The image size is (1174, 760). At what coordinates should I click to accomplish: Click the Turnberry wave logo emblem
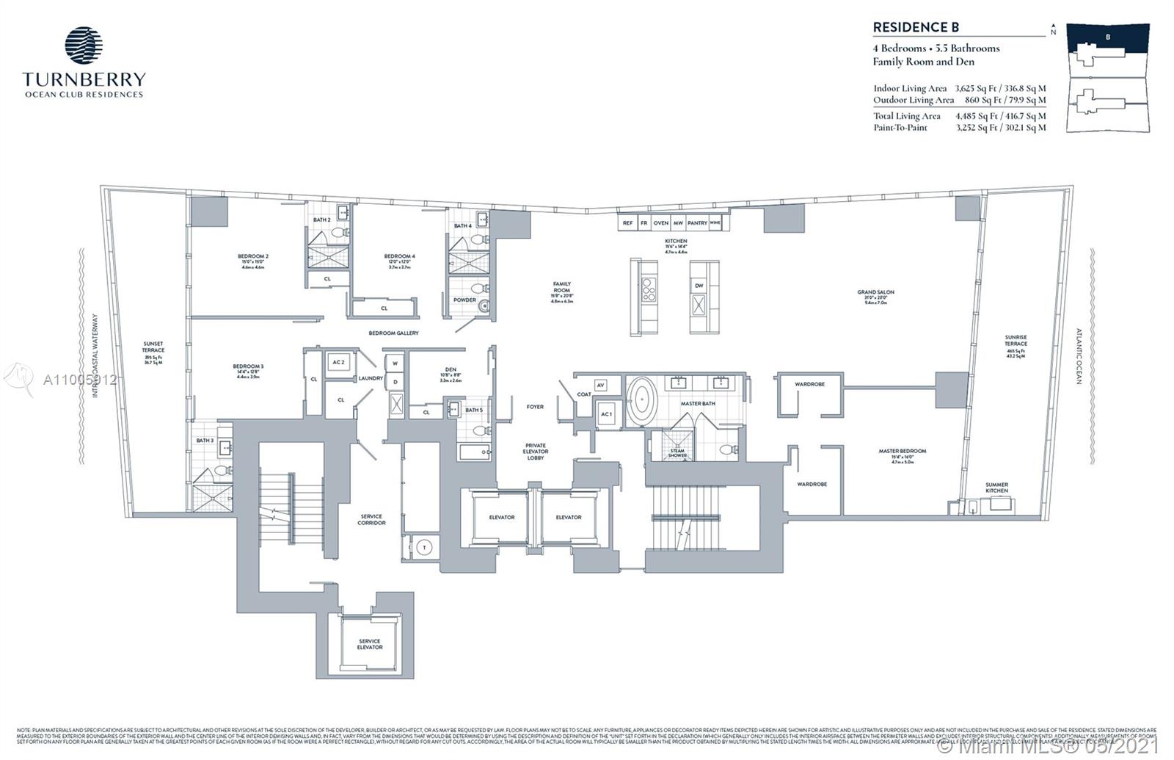[x=84, y=46]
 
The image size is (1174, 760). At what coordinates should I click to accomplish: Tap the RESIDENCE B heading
[x=915, y=27]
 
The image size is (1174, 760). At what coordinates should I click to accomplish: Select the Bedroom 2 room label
[x=253, y=256]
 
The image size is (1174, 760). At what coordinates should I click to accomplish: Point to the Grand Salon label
[x=875, y=292]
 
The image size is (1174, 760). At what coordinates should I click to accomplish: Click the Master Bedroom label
[x=902, y=451]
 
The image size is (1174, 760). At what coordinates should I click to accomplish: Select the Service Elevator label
[x=370, y=644]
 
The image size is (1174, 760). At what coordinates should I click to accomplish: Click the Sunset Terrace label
[x=153, y=347]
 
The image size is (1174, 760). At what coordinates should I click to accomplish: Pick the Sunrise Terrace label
[x=1016, y=341]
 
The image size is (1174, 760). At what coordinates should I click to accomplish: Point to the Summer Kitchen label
[x=996, y=488]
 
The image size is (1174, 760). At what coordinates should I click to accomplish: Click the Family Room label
[x=562, y=287]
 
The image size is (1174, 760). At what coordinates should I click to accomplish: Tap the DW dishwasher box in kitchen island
[x=699, y=286]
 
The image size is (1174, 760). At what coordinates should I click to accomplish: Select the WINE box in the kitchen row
[x=715, y=222]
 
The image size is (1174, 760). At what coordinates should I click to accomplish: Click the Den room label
[x=451, y=369]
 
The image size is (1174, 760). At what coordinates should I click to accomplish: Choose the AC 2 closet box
[x=338, y=363]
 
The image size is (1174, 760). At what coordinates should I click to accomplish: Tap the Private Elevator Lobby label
[x=536, y=452]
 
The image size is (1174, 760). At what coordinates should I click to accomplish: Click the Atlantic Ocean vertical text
[x=1079, y=356]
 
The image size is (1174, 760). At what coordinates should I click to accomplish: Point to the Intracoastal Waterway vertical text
[x=95, y=356]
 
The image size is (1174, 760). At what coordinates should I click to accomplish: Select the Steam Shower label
[x=677, y=453]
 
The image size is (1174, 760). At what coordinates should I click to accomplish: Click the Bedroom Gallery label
[x=393, y=333]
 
